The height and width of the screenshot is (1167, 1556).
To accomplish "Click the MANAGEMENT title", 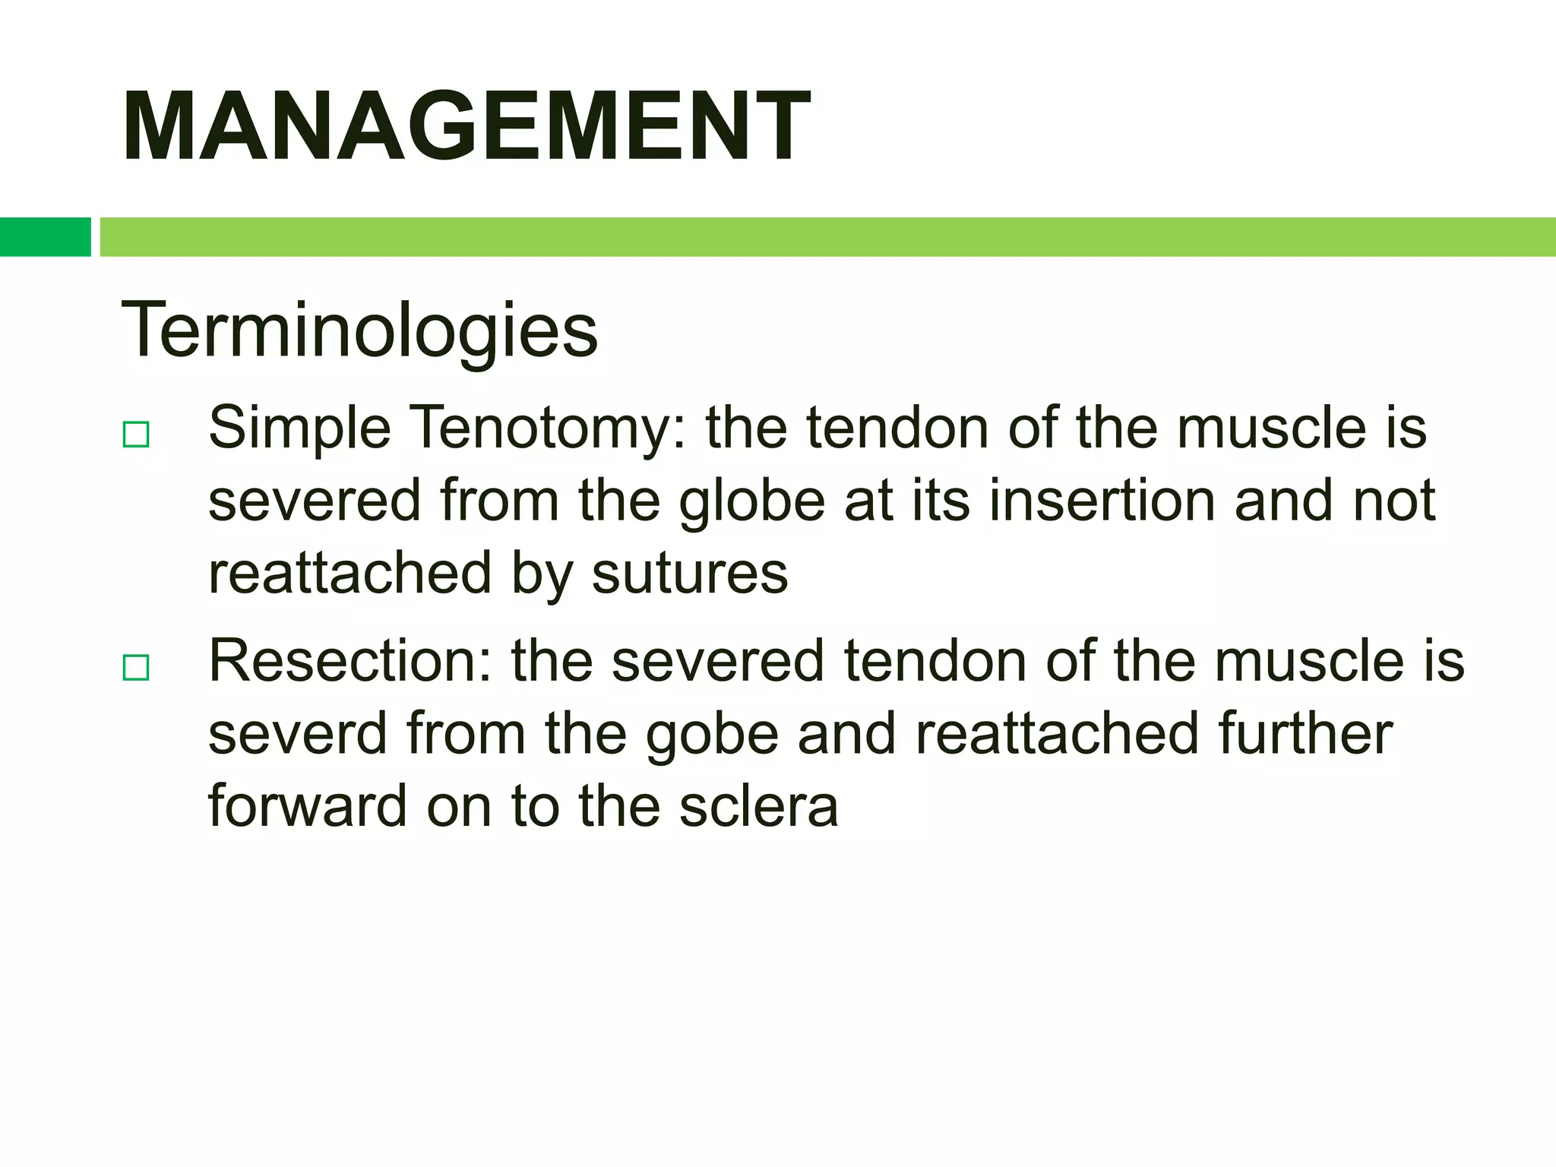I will (x=466, y=126).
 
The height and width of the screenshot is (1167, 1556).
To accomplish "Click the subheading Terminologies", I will (x=359, y=330).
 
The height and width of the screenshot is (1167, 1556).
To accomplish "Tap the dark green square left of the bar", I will (x=45, y=237).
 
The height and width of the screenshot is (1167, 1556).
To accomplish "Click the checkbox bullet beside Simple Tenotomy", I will (x=136, y=435).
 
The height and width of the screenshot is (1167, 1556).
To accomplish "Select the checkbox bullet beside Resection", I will (x=136, y=668).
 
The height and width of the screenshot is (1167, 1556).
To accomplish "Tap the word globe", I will (x=751, y=501).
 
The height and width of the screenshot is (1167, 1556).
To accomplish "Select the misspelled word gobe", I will (x=712, y=734).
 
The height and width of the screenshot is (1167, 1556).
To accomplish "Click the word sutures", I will (x=690, y=574).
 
